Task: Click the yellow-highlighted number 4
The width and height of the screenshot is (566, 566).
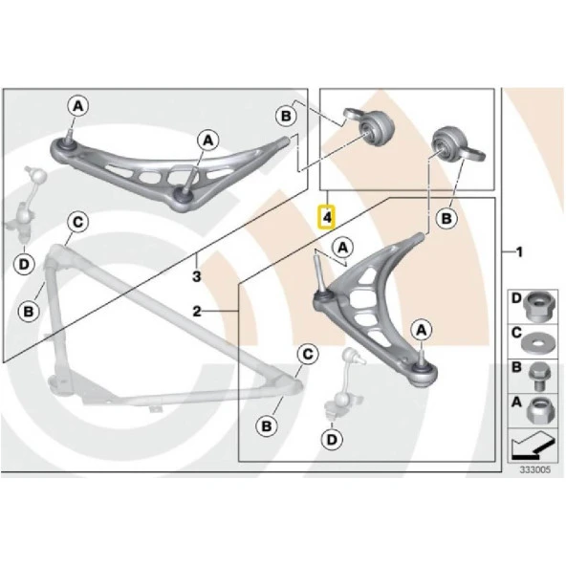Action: (x=326, y=217)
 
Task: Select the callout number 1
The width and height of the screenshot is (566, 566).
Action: (x=519, y=252)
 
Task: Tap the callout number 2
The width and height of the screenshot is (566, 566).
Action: (x=197, y=311)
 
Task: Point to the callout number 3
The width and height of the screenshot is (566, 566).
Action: (x=196, y=276)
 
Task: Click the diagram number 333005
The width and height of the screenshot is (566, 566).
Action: (x=535, y=469)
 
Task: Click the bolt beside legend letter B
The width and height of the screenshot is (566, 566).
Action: (x=539, y=376)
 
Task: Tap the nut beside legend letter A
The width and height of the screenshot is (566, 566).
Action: (x=538, y=410)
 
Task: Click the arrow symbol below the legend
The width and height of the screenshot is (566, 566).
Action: (x=533, y=446)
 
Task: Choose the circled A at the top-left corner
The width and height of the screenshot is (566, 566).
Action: (x=78, y=106)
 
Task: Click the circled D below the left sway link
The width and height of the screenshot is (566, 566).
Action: (x=24, y=264)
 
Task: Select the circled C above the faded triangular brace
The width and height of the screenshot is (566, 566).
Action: (x=78, y=222)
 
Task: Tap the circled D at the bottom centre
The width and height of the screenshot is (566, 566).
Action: (x=332, y=440)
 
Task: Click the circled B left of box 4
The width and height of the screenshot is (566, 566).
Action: (x=286, y=117)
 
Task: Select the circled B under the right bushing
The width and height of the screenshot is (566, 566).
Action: (x=446, y=218)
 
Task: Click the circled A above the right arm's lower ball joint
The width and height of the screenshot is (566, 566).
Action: (x=422, y=330)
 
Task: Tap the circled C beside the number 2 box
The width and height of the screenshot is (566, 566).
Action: (x=308, y=355)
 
